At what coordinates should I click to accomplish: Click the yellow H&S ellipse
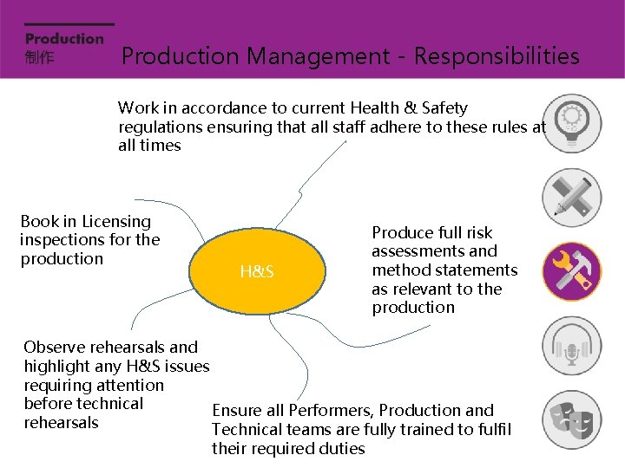click(258, 271)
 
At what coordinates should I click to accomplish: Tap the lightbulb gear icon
click(571, 122)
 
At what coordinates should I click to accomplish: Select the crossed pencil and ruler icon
click(571, 197)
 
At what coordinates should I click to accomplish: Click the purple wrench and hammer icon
click(571, 271)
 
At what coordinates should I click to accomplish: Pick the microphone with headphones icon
click(571, 346)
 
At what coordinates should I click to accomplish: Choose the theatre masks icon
click(571, 420)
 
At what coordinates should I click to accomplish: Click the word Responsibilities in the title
click(497, 56)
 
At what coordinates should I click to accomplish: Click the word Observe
click(55, 348)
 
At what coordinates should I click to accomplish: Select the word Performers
click(329, 411)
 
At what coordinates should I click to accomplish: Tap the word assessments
click(434, 251)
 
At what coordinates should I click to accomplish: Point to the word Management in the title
click(317, 56)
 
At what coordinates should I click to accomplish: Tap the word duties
click(341, 449)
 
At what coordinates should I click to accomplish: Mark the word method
click(402, 270)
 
